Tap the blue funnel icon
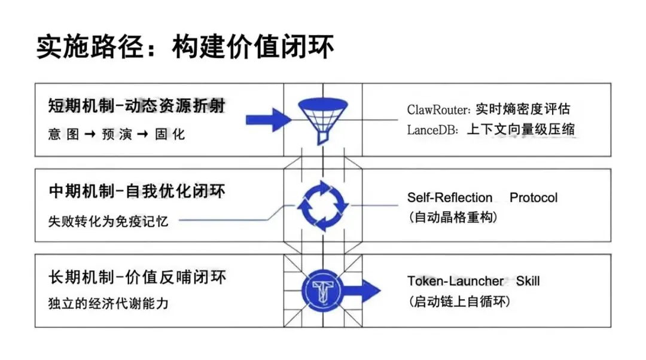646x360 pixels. click(322, 117)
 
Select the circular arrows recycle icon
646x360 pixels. click(322, 205)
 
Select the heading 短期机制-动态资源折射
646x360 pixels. click(136, 106)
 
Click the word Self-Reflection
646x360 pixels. click(450, 198)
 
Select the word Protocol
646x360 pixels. click(533, 198)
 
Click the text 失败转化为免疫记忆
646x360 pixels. click(108, 221)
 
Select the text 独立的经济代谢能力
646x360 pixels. click(108, 303)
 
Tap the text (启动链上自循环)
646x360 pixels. click(459, 301)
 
